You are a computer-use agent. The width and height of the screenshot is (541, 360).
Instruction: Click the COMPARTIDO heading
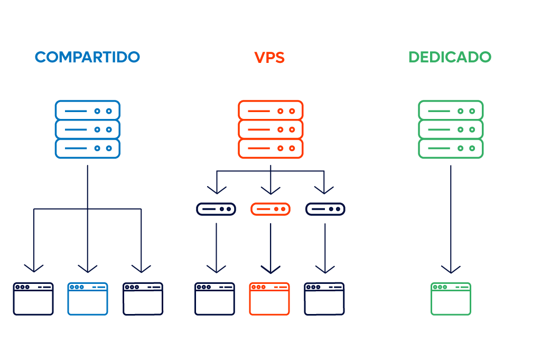coord(87,57)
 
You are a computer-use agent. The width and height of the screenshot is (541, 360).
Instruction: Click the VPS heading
coord(269,57)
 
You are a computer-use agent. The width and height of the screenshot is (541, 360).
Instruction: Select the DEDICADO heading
coord(450,57)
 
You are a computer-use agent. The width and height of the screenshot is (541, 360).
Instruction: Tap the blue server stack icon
coord(88,130)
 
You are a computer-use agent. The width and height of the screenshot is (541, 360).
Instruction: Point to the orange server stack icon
coord(270,130)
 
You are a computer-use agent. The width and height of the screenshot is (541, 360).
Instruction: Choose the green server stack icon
coord(451,130)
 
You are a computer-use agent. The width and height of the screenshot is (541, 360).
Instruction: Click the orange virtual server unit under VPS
coord(270,209)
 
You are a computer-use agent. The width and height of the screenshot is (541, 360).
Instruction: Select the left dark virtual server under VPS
coord(216,209)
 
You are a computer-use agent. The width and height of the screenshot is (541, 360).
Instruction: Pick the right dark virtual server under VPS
coord(325,209)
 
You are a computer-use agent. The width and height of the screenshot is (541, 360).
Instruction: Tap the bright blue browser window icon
coord(88,299)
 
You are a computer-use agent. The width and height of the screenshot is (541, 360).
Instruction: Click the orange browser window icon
coord(269,299)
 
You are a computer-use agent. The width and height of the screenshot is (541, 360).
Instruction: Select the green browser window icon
coord(451,299)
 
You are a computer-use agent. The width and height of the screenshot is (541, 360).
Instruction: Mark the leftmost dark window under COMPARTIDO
coord(33,299)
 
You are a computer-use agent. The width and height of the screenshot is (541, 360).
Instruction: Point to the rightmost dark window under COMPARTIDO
coord(143,299)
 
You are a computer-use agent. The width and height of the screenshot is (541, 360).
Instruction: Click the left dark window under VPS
coord(214,299)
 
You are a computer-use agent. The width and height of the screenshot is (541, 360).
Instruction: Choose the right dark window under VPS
coord(324,299)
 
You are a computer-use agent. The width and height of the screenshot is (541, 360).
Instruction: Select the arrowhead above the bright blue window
coord(88,269)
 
